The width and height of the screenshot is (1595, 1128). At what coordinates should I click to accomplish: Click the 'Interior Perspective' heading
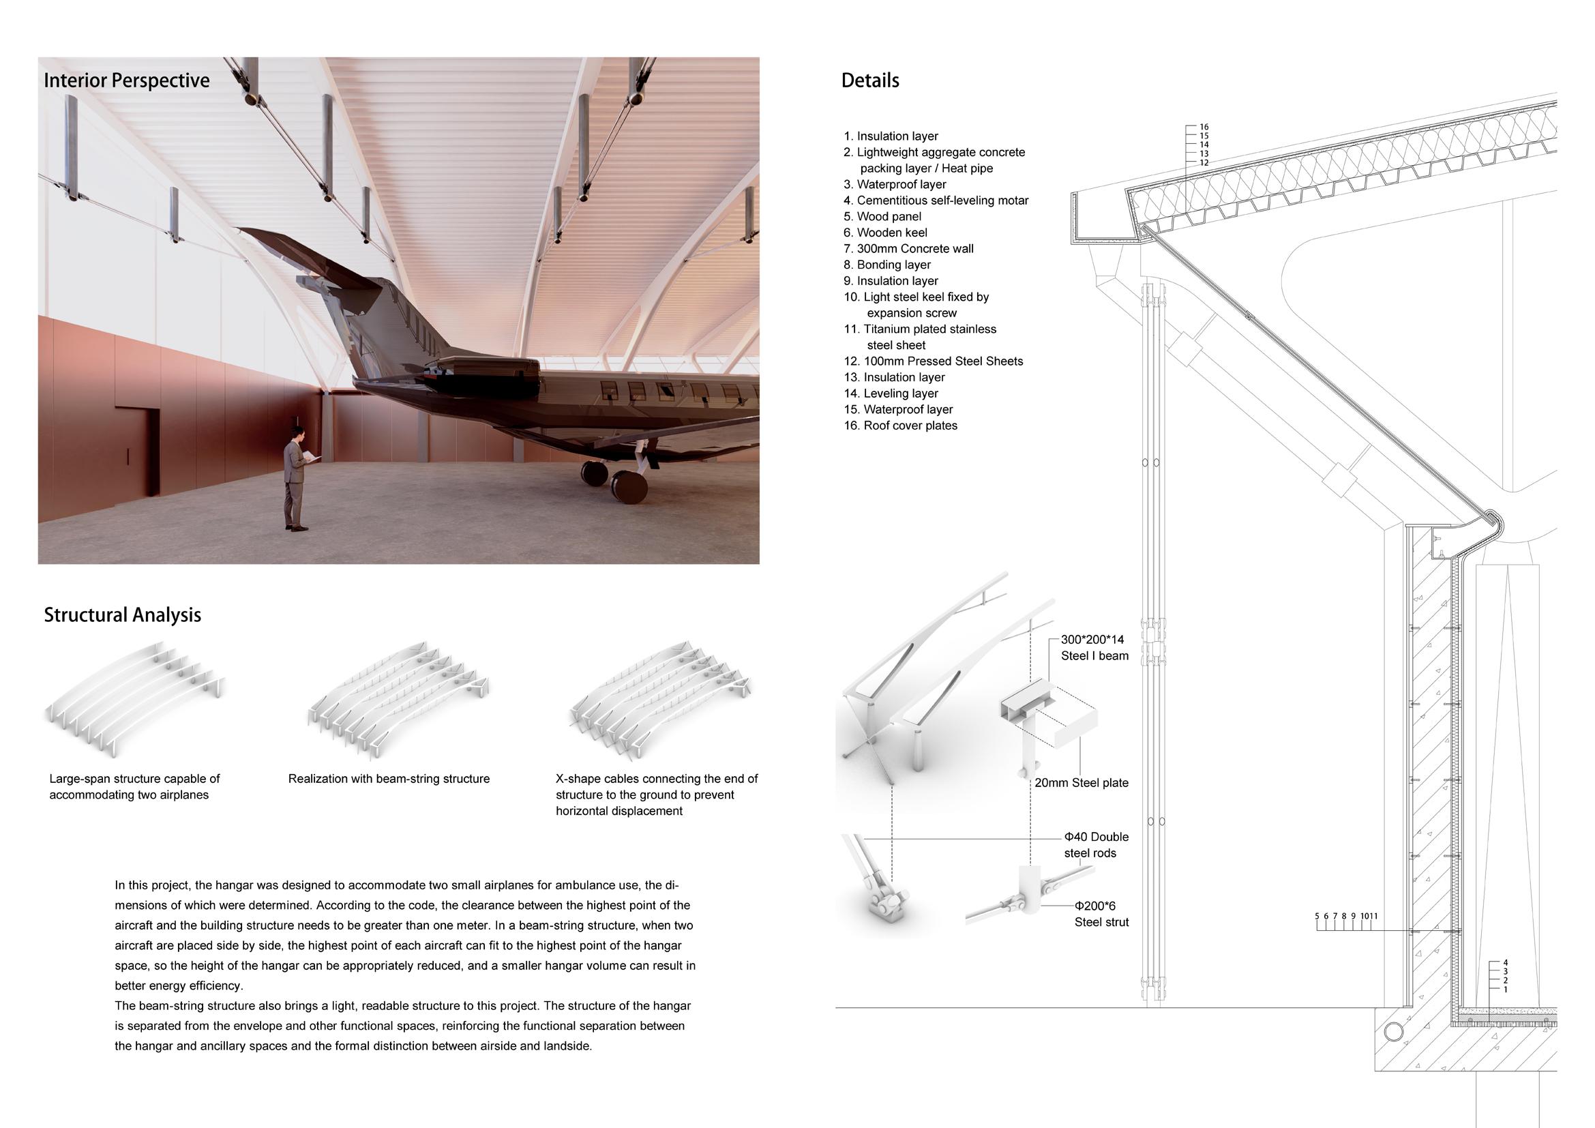point(126,80)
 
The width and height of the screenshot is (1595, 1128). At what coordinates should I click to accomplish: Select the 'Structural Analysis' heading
point(122,614)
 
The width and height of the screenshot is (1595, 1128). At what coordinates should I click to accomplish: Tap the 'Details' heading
point(869,80)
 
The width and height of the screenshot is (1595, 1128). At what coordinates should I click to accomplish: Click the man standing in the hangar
point(296,479)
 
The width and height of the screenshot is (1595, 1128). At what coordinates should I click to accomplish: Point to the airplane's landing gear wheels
point(614,481)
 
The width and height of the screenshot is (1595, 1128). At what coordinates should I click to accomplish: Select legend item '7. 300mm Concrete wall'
point(908,249)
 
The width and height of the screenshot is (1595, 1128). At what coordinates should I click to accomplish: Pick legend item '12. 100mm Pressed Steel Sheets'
point(934,361)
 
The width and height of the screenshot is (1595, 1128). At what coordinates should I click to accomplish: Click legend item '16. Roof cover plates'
point(900,426)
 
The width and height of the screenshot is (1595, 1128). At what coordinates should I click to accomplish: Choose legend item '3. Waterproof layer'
point(895,184)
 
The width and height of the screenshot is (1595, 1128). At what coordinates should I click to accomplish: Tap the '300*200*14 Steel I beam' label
point(1094,647)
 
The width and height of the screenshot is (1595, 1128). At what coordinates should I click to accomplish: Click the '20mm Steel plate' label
point(1082,783)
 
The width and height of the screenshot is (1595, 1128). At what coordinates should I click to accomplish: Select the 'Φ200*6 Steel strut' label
point(1101,914)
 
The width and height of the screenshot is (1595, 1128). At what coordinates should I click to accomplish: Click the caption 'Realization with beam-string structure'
point(389,779)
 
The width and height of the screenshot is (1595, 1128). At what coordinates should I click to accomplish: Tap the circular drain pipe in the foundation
point(1393,1030)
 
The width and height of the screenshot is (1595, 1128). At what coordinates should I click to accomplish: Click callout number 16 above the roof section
point(1204,126)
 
